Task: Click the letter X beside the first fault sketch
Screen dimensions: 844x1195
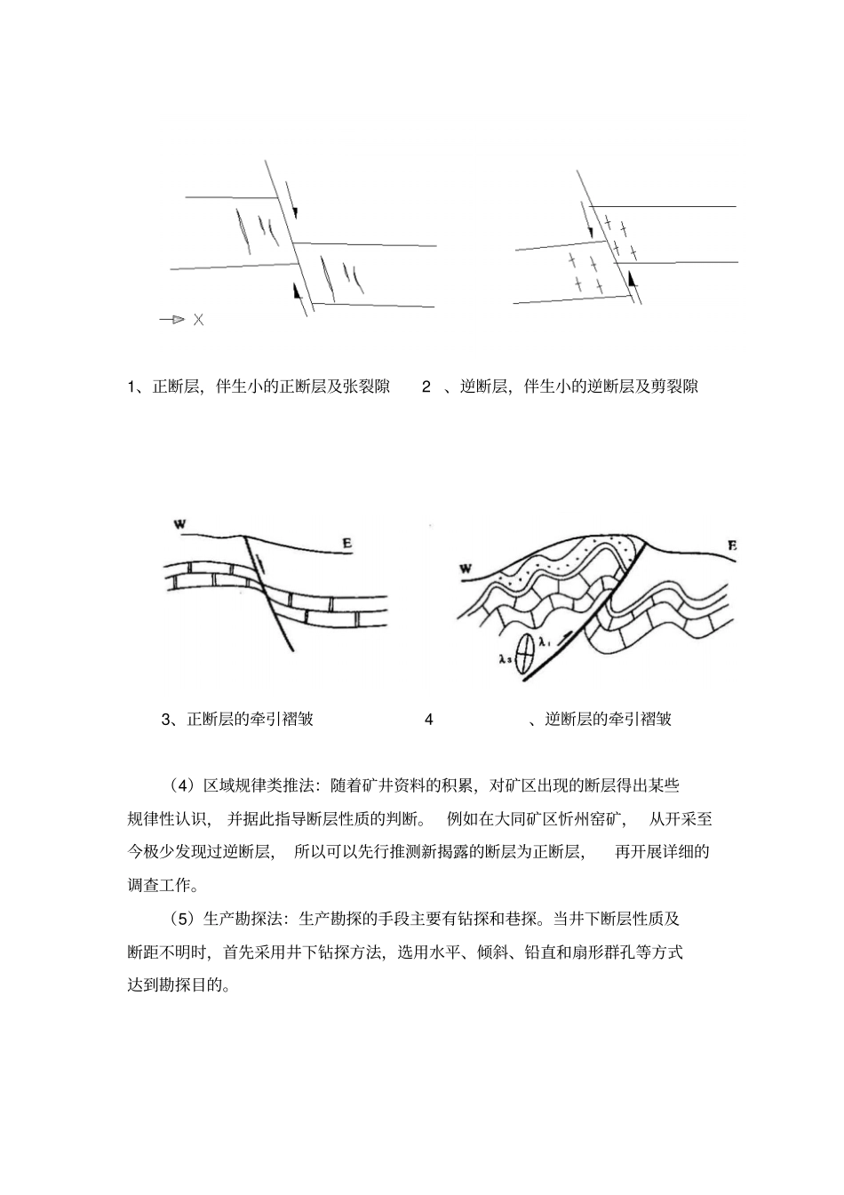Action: click(198, 320)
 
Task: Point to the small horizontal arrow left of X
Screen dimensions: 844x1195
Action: click(172, 320)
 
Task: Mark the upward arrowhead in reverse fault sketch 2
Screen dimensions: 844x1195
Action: click(632, 280)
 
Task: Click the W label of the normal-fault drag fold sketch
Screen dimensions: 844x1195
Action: click(179, 525)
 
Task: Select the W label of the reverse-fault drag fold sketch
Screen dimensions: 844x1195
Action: click(466, 568)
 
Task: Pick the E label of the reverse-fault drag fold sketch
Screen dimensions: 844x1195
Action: click(732, 546)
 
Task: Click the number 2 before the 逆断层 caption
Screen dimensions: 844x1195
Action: click(426, 386)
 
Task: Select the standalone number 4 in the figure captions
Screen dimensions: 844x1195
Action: click(429, 720)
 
